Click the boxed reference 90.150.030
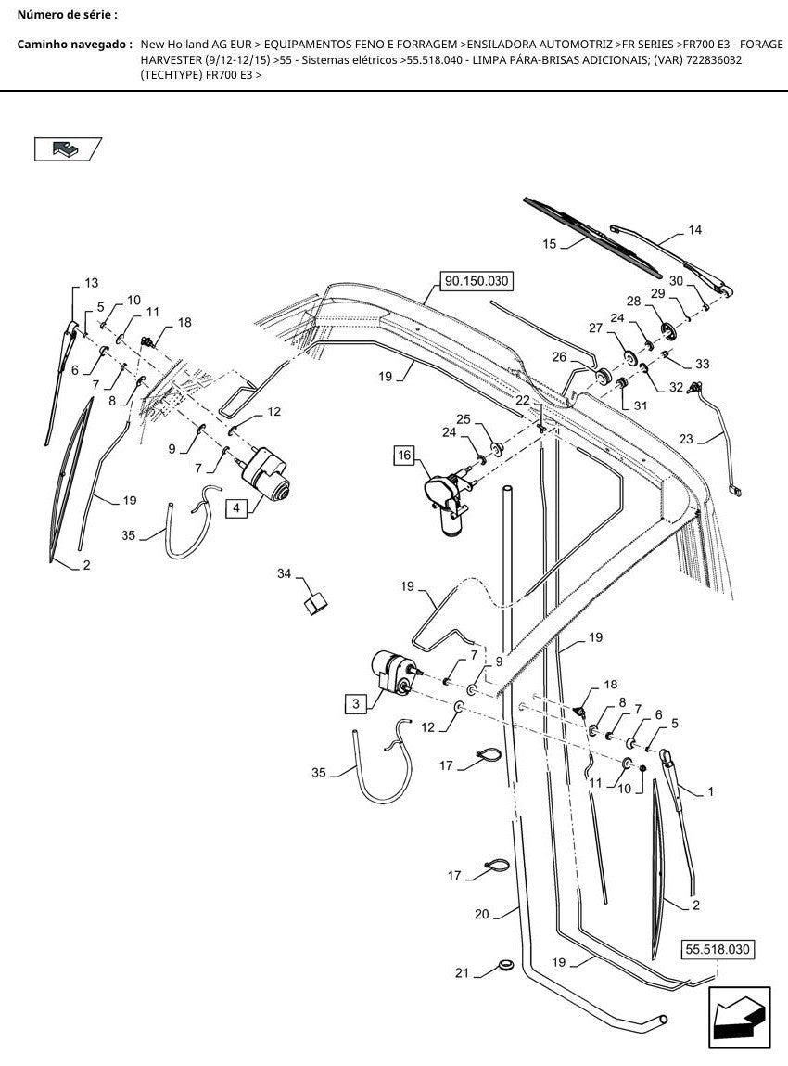click(477, 281)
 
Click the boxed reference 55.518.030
click(718, 949)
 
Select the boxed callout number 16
click(404, 455)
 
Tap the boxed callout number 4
click(236, 507)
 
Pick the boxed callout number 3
click(356, 703)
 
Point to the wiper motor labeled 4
click(266, 473)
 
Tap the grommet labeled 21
click(505, 966)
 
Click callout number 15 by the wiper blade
click(550, 243)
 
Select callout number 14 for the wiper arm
click(694, 230)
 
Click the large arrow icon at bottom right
click(739, 1018)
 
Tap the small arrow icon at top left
click(68, 148)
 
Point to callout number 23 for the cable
click(686, 439)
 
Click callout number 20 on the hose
click(482, 915)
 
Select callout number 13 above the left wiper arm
click(91, 282)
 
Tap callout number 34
click(284, 573)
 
